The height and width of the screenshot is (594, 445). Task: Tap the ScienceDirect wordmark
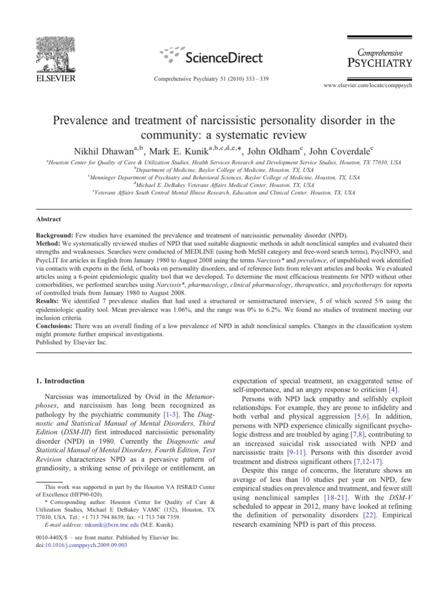tap(224, 57)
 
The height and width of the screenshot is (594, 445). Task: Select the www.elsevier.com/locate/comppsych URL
tap(371, 85)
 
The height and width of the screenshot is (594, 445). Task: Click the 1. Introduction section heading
tap(57, 381)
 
